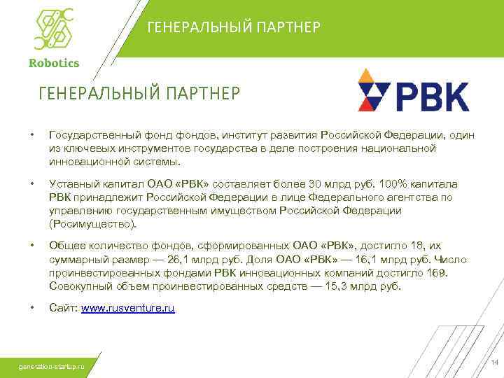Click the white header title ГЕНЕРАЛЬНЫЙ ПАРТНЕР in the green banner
point(234,27)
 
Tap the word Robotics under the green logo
point(54,62)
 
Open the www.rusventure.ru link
point(128,308)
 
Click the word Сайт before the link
point(64,308)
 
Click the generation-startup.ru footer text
point(52,365)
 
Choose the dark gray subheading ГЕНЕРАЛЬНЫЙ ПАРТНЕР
point(138,92)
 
